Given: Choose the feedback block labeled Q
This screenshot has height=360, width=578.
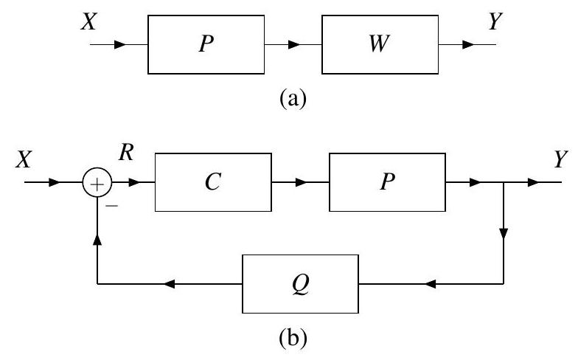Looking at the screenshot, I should [301, 283].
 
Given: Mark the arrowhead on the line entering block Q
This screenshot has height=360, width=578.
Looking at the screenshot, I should [433, 283].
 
